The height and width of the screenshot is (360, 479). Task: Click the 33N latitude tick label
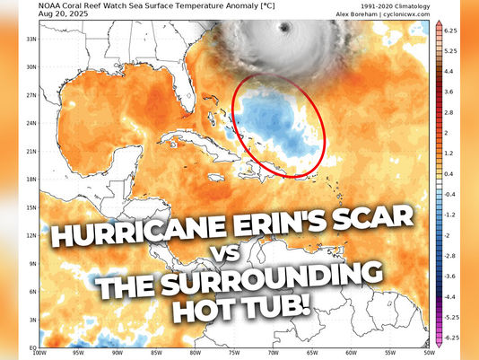coord(30,40)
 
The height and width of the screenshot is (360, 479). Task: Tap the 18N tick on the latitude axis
coord(30,180)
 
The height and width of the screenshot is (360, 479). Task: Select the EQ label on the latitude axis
coord(31,346)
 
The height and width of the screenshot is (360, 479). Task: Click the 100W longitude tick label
coord(39,353)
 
